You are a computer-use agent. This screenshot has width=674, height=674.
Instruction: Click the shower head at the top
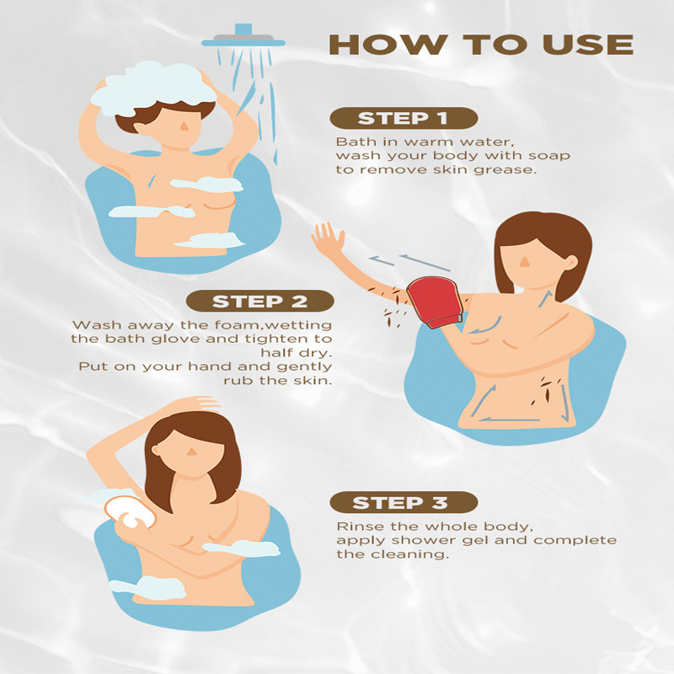[x=243, y=38]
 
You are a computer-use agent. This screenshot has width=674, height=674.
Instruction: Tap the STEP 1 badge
[x=404, y=118]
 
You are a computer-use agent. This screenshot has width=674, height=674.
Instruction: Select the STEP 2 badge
[x=260, y=301]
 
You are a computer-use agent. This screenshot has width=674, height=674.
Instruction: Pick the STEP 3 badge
[x=404, y=502]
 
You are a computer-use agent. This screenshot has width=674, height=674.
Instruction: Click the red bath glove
[x=435, y=302]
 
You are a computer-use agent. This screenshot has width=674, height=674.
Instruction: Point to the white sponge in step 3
[x=129, y=512]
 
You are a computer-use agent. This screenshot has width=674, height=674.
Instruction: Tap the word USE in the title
[x=588, y=45]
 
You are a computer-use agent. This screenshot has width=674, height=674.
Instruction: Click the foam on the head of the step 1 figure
[x=153, y=88]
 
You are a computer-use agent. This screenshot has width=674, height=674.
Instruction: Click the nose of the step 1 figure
[x=184, y=126]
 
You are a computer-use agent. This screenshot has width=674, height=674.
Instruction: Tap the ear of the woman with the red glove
[x=571, y=262]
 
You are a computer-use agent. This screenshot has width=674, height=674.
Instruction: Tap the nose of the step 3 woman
[x=192, y=452]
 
